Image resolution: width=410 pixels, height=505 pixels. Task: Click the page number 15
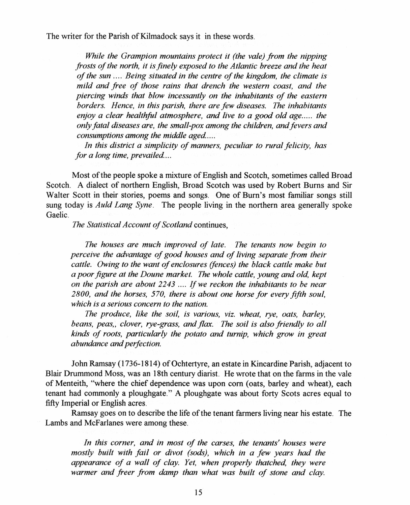coord(198,493)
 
